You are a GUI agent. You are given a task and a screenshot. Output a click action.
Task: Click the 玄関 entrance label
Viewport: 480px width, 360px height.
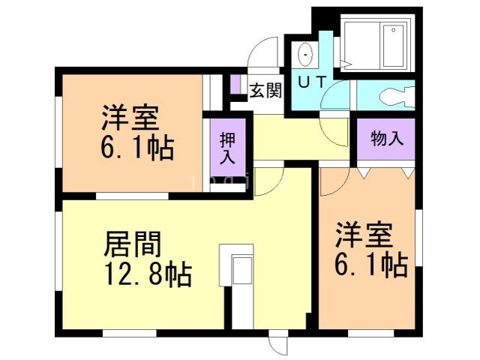click(x=265, y=91)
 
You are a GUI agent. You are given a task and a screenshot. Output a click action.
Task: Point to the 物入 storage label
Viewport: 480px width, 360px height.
click(x=387, y=139)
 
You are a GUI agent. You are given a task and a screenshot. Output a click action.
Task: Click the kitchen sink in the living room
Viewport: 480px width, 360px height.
click(x=242, y=270)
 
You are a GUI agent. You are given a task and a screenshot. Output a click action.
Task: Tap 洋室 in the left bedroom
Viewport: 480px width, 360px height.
click(x=130, y=118)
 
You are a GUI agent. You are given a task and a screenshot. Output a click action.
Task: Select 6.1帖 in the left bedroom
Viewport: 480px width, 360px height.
click(x=137, y=148)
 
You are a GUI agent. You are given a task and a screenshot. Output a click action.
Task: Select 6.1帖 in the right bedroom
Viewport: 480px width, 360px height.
click(x=370, y=264)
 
